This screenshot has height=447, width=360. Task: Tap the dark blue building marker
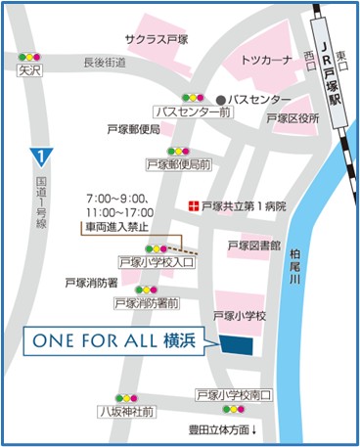pos(236,345)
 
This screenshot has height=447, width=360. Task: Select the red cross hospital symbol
pos(193,206)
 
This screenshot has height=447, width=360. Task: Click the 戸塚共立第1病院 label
pos(244,206)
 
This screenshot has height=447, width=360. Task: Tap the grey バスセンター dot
pos(221,100)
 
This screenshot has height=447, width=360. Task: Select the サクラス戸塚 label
pos(157,39)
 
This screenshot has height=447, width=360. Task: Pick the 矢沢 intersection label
pos(30,71)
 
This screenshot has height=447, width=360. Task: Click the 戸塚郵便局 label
pos(133,129)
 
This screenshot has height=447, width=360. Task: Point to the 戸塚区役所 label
pos(293,119)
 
